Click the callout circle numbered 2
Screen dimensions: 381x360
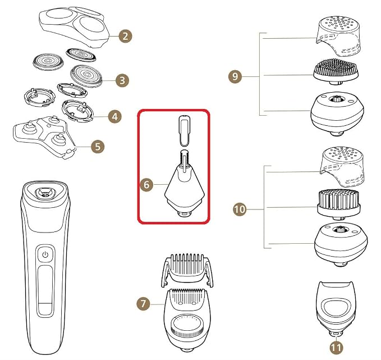coord(125,37)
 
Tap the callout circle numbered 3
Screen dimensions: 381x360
coord(122,80)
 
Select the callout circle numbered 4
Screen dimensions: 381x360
coord(114,116)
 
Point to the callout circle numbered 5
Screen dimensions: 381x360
coord(98,147)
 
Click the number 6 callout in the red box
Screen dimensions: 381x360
coord(146,185)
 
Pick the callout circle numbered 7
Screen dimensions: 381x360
coord(143,304)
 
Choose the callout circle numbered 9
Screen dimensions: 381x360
coord(235,76)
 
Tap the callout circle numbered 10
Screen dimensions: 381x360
coord(240,209)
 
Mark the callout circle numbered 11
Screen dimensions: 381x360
coord(336,348)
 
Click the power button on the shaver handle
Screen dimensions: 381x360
coord(45,254)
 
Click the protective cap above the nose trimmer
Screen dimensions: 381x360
coord(185,130)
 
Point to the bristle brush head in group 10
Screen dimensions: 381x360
coord(339,205)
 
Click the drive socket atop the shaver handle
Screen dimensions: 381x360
coord(44,193)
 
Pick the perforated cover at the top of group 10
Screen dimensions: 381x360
coord(343,166)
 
